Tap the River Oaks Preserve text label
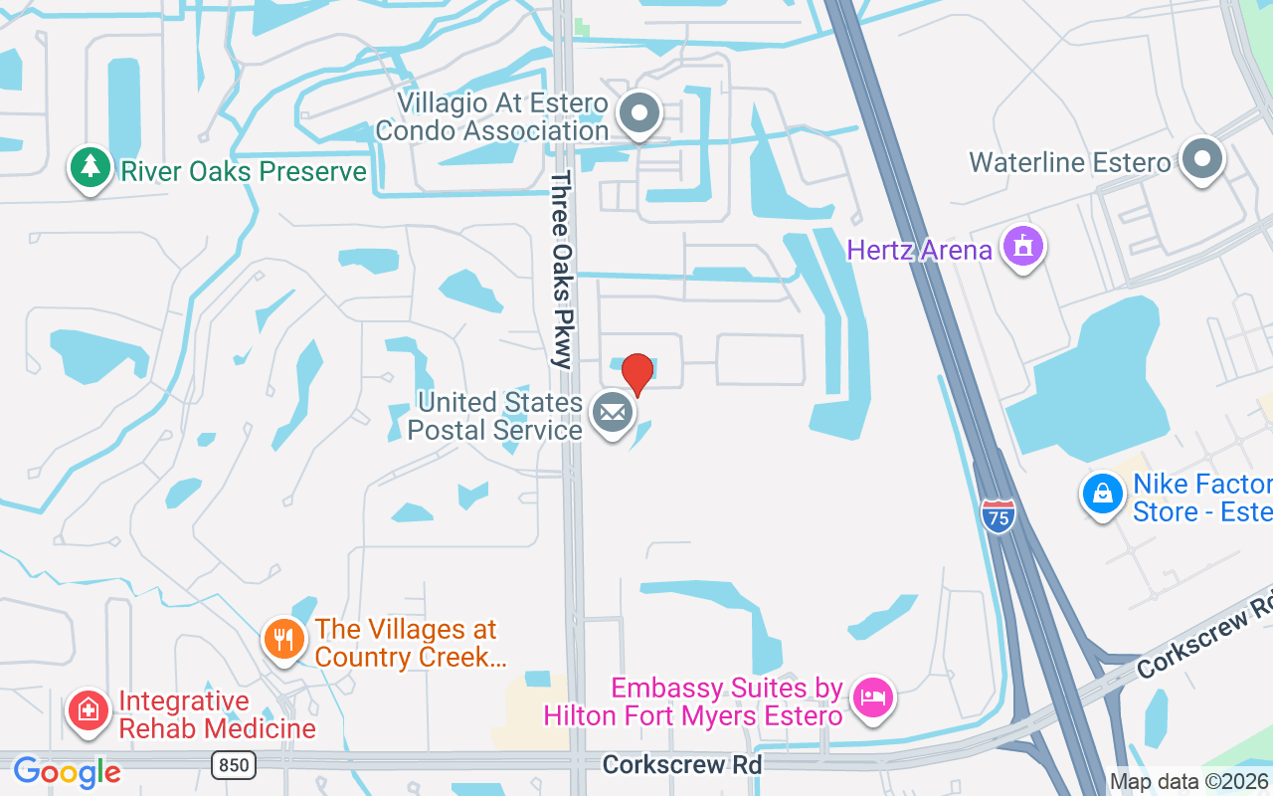point(244,171)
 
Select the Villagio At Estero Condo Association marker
point(639,113)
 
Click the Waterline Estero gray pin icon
point(1201,158)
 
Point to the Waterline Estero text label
point(1069,162)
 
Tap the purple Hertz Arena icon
point(1022,245)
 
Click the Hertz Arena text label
point(919,249)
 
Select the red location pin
point(636,373)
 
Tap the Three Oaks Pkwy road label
point(563,269)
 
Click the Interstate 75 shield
point(998,515)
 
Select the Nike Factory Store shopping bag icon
point(1102,493)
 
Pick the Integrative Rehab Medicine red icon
point(89,710)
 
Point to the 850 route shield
point(233,764)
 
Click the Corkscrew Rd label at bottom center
point(682,764)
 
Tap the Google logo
point(67,772)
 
